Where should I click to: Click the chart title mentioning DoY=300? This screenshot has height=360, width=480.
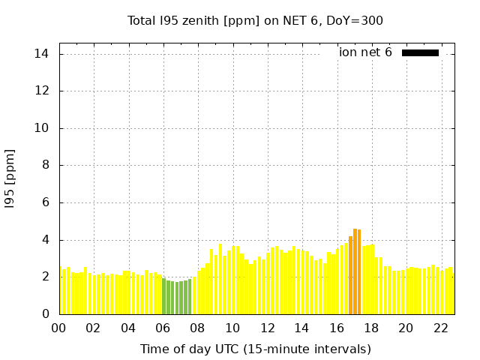[x=255, y=20]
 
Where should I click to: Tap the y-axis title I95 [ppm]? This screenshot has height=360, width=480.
[x=10, y=178]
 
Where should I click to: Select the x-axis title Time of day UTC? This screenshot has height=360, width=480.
[x=255, y=349]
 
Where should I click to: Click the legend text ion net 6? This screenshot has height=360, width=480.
[x=365, y=52]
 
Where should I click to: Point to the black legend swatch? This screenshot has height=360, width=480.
[x=420, y=52]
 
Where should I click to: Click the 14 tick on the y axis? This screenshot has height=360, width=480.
[x=42, y=54]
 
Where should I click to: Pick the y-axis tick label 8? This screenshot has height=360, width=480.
[x=46, y=165]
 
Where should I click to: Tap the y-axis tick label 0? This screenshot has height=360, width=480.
[x=46, y=314]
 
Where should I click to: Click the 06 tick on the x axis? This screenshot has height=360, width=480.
[x=163, y=328]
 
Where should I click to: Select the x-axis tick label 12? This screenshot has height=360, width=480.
[x=267, y=328]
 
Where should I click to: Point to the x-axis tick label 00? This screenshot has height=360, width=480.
[x=59, y=328]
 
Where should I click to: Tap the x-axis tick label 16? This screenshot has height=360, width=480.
[x=337, y=328]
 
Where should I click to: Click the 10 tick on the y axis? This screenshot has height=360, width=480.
[x=42, y=128]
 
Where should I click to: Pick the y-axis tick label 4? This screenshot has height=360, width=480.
[x=46, y=240]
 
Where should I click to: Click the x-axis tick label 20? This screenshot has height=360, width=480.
[x=406, y=328]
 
